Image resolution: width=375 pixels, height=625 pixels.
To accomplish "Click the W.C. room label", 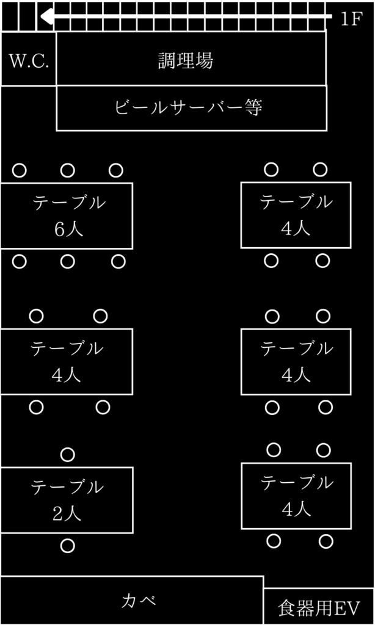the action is [x=29, y=61].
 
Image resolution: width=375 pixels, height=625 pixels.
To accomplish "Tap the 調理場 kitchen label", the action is [x=186, y=60].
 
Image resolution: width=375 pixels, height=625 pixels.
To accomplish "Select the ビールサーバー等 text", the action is [x=189, y=107].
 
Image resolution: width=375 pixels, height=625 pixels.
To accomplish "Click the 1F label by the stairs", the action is [x=351, y=19].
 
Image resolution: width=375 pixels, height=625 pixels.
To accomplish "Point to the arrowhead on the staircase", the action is [x=46, y=16].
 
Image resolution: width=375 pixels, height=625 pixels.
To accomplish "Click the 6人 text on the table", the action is [x=68, y=229].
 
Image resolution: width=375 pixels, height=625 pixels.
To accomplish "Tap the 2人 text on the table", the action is [x=67, y=513].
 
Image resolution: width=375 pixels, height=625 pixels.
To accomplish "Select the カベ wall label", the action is [x=139, y=601].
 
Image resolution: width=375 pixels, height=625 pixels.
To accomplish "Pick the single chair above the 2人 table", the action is [x=67, y=454].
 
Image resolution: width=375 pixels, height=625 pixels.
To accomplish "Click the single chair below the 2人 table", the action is [x=67, y=546].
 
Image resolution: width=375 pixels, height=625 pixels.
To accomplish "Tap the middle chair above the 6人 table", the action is [x=67, y=171].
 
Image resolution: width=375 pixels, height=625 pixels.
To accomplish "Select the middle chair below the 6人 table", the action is [x=67, y=262].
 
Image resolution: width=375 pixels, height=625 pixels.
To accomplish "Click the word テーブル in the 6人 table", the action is [x=69, y=203].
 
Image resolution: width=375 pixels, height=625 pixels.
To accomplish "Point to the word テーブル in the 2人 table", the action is [x=67, y=487].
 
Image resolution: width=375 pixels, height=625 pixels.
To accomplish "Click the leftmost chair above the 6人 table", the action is [x=20, y=171].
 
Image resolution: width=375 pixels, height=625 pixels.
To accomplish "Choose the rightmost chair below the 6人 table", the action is [x=118, y=262].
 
